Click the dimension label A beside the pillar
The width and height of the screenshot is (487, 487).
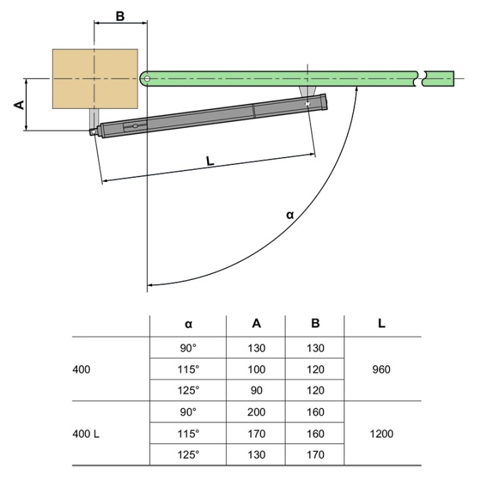[x=19, y=105]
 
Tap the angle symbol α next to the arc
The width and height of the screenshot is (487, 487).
[x=289, y=214]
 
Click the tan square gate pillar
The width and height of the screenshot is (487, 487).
[x=95, y=78]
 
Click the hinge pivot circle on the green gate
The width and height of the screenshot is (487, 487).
[x=146, y=78]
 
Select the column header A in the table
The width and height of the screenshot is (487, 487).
[x=256, y=323]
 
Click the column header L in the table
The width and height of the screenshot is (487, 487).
[x=382, y=323]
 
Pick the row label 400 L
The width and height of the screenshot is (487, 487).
[x=86, y=434]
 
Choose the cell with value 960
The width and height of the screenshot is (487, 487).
[x=381, y=370]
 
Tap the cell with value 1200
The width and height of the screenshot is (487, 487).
[x=381, y=434]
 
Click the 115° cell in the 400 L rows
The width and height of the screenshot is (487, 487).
[x=188, y=434]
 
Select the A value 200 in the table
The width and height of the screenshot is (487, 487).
[x=256, y=412]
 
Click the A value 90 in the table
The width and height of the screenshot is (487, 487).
[x=256, y=391]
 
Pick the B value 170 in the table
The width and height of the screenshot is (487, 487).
[x=315, y=455]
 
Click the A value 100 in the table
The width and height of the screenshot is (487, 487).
[x=256, y=370]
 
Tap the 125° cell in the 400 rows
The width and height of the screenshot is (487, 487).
[x=188, y=391]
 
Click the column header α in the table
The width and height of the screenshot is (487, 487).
[x=188, y=323]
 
